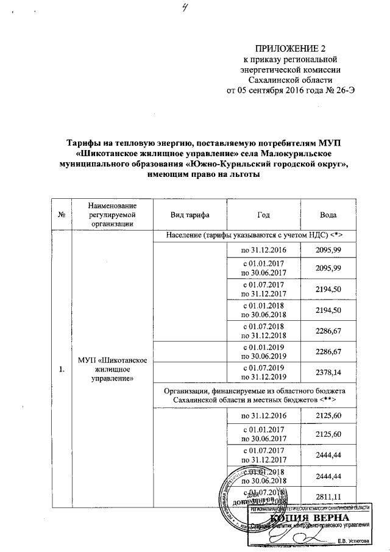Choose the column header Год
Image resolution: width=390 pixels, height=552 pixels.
click(x=264, y=215)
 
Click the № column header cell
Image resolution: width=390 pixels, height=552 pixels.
click(x=62, y=215)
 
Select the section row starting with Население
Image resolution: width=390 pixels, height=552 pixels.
click(x=252, y=235)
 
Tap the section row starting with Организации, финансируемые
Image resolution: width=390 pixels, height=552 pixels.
click(x=252, y=395)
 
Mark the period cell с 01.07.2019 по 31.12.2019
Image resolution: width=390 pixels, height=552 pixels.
click(x=264, y=371)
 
